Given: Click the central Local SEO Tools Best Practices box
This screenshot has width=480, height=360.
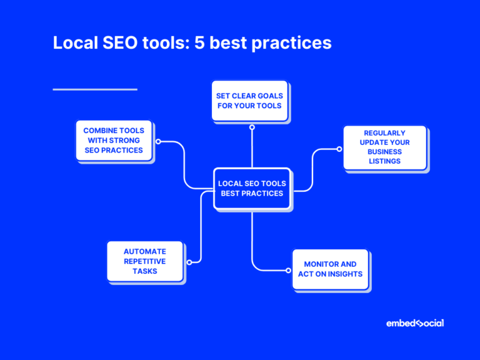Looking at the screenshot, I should pos(252,189).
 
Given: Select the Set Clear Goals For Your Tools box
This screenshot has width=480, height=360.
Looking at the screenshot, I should pos(249,101).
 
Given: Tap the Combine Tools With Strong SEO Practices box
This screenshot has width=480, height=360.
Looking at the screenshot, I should pos(114,141).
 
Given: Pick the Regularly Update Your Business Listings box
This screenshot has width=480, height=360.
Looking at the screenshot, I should pos(384,147).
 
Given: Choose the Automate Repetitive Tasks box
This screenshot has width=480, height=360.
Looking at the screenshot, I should pos(145,261).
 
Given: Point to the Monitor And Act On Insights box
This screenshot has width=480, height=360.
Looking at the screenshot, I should pos(330,269).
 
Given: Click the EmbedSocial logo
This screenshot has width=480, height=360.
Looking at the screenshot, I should pos(415,323).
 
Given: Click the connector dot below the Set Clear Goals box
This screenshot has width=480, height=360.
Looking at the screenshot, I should pos(252,127).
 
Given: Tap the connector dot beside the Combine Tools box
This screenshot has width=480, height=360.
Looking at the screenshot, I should pos(158,141).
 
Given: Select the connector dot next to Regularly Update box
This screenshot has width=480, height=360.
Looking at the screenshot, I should pos(339,149).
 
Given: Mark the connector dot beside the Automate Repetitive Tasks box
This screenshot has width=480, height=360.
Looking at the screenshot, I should pos(189,262).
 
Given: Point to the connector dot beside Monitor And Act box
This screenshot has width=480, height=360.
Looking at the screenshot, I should pos(288,271).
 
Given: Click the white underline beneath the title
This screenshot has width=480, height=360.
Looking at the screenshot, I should pos(95,89).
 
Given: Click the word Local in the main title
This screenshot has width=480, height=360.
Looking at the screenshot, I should pos(74,43).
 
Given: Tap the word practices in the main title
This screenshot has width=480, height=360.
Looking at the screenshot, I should pos(294,43).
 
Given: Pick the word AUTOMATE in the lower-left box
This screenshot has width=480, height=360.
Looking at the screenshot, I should pos(145,251).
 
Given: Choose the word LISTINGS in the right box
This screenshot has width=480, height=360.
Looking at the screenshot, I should pos(384,161).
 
